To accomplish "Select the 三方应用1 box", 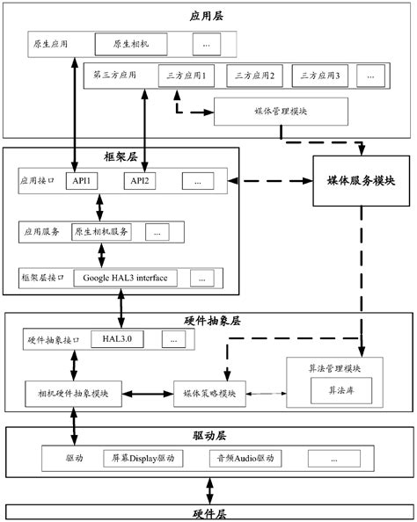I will (x=187, y=76).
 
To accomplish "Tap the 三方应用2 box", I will (x=254, y=76).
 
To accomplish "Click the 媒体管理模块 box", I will (x=281, y=112).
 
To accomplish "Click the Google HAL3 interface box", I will (x=126, y=278).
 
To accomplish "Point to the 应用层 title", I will (x=208, y=16).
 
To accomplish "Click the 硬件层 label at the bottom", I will (x=208, y=512).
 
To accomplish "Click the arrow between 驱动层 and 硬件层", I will (x=208, y=489).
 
